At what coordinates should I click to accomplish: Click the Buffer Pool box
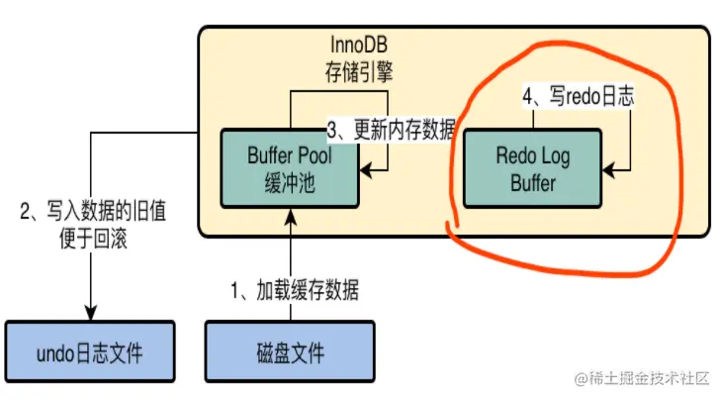coord(286,167)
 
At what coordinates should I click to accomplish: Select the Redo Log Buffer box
coord(532,167)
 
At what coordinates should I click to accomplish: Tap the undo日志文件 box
coord(90,351)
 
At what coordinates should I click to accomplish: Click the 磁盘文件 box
coord(290,351)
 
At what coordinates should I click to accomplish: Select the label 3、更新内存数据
coord(392,130)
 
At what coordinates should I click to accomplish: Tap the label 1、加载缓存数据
coord(294,291)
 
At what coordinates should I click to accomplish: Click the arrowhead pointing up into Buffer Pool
coord(289,215)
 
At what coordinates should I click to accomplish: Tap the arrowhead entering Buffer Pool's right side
coord(362,168)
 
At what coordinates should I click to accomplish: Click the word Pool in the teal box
coord(312,155)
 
